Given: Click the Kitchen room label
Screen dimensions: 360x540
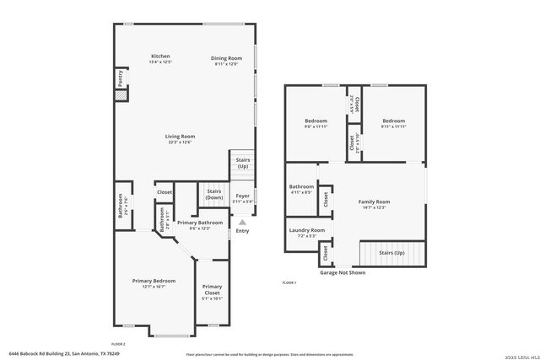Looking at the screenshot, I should pos(160,56).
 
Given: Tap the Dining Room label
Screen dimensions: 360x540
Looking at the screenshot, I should pos(226,57).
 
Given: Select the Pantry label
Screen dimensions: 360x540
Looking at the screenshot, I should pos(121,78).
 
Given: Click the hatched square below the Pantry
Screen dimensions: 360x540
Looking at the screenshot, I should pos(121,96).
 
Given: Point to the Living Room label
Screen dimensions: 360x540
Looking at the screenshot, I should pos(180,136).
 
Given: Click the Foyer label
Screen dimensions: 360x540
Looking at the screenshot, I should pos(242,196).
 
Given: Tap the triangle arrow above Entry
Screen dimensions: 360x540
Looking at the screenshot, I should pos(243,223).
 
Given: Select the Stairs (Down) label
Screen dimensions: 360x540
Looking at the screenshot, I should pos(214,194).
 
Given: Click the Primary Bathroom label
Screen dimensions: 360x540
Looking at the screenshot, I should pos(199,222).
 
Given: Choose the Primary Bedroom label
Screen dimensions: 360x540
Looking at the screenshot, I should pos(153,280).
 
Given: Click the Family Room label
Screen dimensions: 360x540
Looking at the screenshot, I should pos(374,201).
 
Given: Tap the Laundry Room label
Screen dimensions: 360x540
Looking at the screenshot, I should pos(306,229).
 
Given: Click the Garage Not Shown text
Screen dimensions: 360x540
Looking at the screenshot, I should pos(342,272).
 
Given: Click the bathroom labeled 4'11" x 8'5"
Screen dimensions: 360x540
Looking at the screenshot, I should pos(301,186).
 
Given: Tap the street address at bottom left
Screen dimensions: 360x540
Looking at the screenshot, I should pos(64,353).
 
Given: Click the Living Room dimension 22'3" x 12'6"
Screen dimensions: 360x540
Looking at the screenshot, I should pos(180,142).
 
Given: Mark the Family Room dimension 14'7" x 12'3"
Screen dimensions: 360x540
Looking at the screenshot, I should pos(374,207).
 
